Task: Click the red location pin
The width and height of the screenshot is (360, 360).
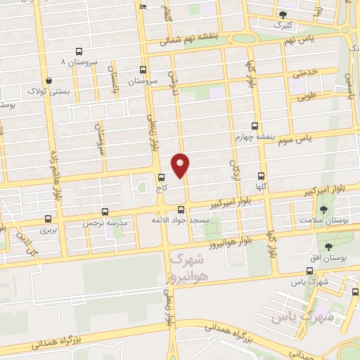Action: pyautogui.click(x=181, y=166)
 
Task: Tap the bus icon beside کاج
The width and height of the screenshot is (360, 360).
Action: pyautogui.click(x=162, y=177)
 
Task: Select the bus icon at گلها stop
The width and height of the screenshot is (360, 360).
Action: pyautogui.click(x=262, y=176)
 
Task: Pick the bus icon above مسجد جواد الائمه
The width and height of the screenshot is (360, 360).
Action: pyautogui.click(x=181, y=210)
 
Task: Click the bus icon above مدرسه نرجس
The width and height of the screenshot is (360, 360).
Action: pyautogui.click(x=105, y=211)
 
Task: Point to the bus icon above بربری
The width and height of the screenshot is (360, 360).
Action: pyautogui.click(x=48, y=219)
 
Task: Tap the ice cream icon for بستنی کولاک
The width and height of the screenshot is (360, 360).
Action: pyautogui.click(x=46, y=80)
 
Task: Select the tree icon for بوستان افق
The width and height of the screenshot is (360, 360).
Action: pyautogui.click(x=328, y=245)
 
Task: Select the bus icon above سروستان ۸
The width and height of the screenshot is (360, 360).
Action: pyautogui.click(x=78, y=51)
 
